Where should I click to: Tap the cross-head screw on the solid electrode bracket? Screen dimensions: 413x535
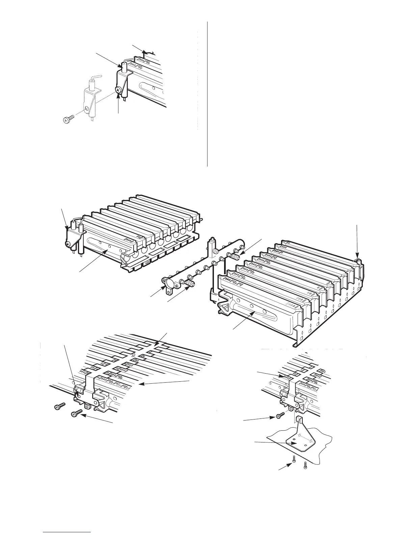click(118, 90)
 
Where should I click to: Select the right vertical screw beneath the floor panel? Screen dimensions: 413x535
click(305, 465)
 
